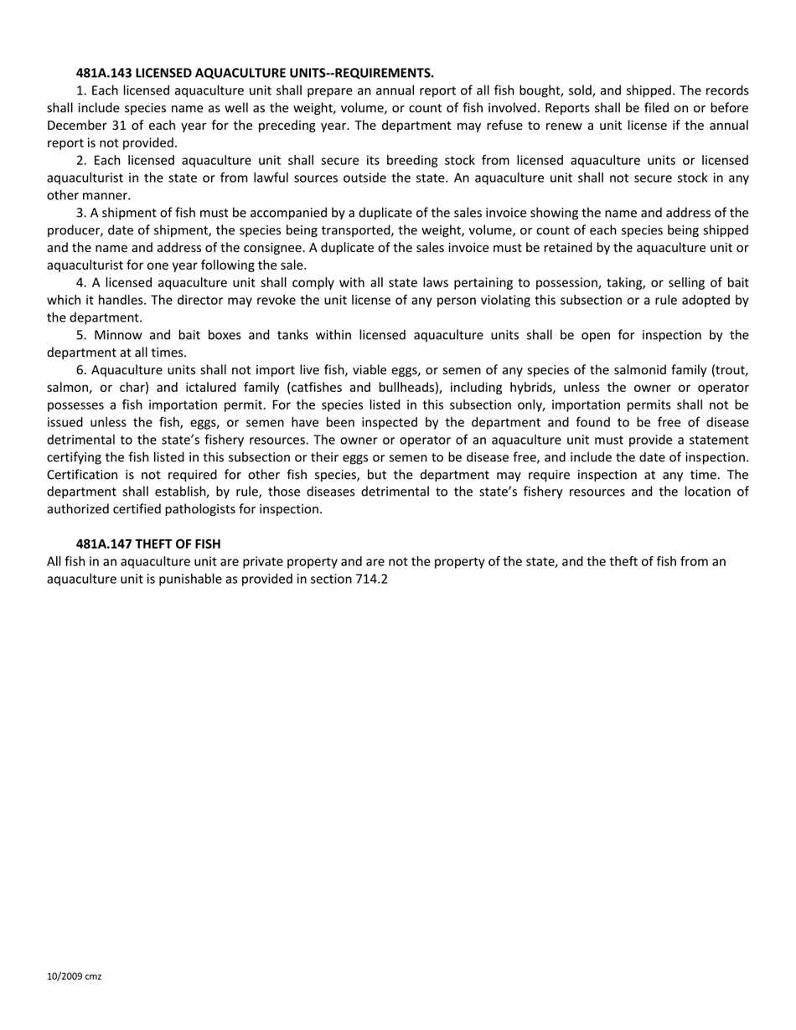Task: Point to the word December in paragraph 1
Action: pyautogui.click(x=76, y=126)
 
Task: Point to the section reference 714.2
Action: pyautogui.click(x=371, y=579)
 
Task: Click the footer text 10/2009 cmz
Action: pyautogui.click(x=75, y=976)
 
